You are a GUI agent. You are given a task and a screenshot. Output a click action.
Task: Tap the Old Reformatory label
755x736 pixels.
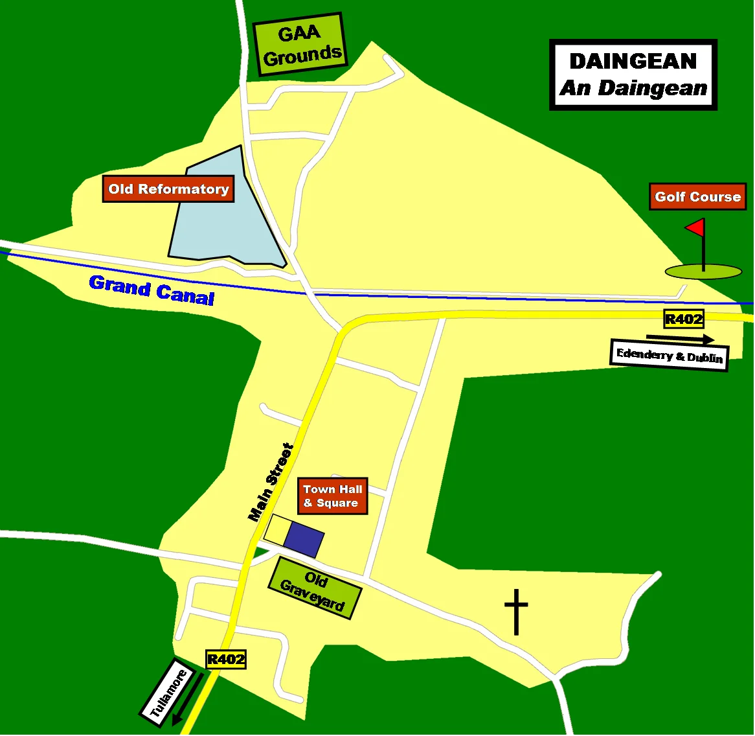pos(168,189)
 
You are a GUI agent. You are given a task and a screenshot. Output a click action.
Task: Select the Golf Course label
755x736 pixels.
pos(697,197)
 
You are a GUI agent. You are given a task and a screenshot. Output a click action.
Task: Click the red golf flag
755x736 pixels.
pos(695,227)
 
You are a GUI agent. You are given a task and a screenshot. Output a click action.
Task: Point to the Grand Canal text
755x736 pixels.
pos(152,290)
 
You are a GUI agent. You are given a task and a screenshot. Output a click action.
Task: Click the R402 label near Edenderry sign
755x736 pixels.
pos(683,319)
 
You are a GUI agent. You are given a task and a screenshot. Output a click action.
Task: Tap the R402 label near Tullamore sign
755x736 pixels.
pos(226,660)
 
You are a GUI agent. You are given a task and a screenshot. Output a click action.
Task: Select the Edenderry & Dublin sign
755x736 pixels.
pos(670,356)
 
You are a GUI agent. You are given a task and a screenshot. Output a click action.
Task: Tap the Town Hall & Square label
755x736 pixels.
pos(333,496)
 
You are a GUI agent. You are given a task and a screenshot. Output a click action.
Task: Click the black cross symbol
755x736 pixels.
pos(516,611)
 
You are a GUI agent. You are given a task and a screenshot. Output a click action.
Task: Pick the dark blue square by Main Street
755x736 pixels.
pos(304,538)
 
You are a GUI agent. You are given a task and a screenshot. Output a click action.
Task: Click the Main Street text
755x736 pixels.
pos(271,482)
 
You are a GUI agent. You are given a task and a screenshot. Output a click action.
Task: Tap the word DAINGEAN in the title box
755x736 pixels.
pos(633,62)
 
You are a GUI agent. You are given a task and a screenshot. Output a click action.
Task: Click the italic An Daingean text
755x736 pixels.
pos(633,88)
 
